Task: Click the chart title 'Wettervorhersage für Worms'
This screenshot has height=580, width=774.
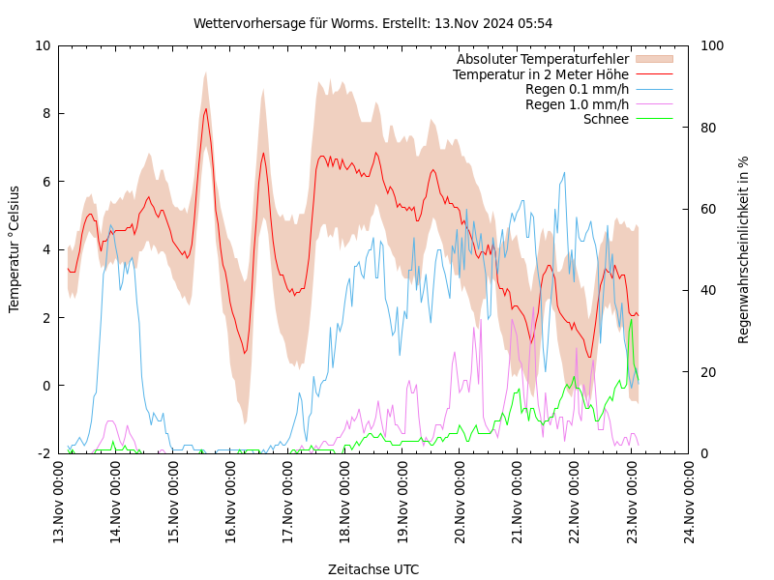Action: pyautogui.click(x=373, y=23)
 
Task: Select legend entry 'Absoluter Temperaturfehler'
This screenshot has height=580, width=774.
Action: pyautogui.click(x=543, y=59)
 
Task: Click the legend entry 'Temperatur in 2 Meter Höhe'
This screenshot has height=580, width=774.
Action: pyautogui.click(x=541, y=74)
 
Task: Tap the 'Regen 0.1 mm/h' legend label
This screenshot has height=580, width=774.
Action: pyautogui.click(x=577, y=89)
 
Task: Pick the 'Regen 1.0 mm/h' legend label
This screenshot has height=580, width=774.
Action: pyautogui.click(x=577, y=104)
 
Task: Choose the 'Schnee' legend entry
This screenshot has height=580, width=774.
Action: pyautogui.click(x=606, y=119)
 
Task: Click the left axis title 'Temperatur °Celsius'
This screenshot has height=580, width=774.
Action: pyautogui.click(x=15, y=248)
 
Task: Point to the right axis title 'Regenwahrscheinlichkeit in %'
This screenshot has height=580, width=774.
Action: pyautogui.click(x=744, y=249)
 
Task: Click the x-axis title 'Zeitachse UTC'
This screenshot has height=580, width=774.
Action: pyautogui.click(x=373, y=569)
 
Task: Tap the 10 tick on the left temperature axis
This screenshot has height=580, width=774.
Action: pyautogui.click(x=43, y=45)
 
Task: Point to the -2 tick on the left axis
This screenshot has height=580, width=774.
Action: pyautogui.click(x=43, y=453)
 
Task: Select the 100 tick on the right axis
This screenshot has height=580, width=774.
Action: pyautogui.click(x=712, y=45)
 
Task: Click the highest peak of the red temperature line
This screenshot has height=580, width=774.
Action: pyautogui.click(x=205, y=108)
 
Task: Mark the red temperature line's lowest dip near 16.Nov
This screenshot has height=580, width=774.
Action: pyautogui.click(x=245, y=353)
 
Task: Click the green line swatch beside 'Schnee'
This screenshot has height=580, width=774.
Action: pyautogui.click(x=653, y=119)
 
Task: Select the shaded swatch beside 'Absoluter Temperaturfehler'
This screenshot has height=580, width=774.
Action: pyautogui.click(x=653, y=59)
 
